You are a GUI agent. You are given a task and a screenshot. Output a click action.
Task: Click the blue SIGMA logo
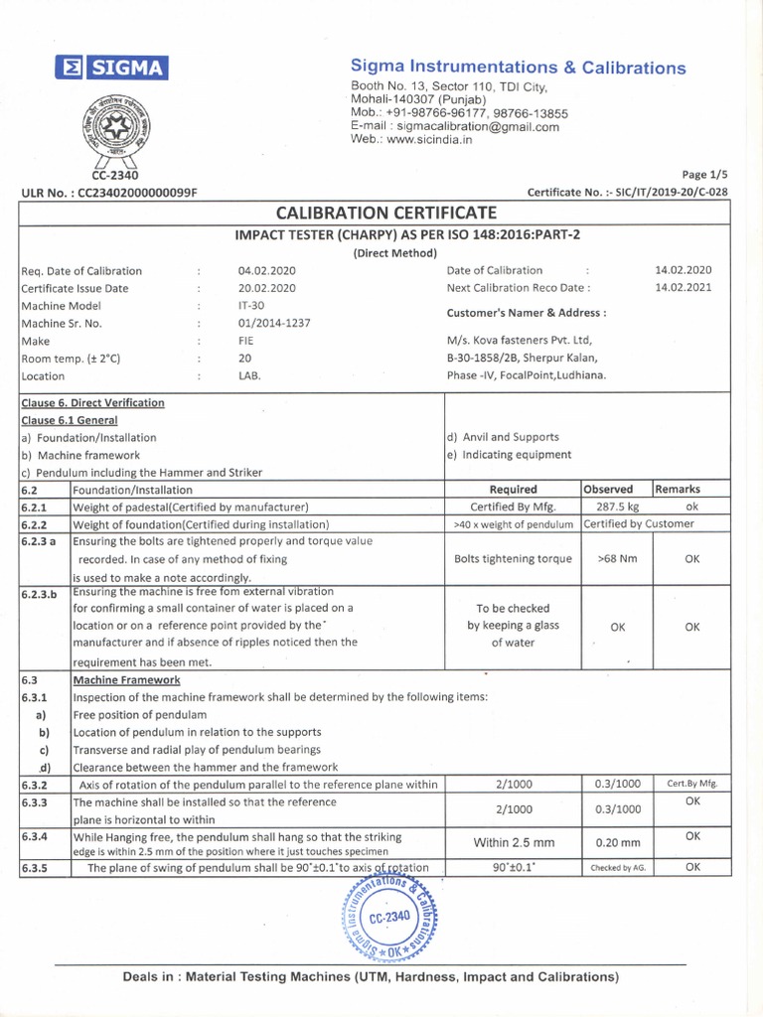[x=112, y=67]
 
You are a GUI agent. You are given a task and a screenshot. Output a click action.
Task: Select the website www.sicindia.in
[x=424, y=140]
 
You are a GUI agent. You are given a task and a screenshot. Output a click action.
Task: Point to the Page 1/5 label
[x=705, y=174]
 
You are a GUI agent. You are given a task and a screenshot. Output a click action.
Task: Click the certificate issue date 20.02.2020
[x=267, y=288]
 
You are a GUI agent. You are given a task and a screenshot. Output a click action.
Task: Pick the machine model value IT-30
[x=251, y=306]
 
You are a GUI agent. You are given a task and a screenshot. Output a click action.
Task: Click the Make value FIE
[x=247, y=342]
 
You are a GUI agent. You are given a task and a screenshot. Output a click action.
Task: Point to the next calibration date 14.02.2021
[x=684, y=288]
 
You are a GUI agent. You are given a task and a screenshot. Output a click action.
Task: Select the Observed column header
[x=608, y=489]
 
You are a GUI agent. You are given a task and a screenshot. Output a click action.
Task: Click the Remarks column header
[x=679, y=489]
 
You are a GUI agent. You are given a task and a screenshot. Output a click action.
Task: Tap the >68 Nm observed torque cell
[x=617, y=559]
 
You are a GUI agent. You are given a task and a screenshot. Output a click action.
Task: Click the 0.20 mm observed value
[x=617, y=843]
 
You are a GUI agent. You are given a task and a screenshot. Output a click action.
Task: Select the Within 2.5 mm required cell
[x=513, y=843]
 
